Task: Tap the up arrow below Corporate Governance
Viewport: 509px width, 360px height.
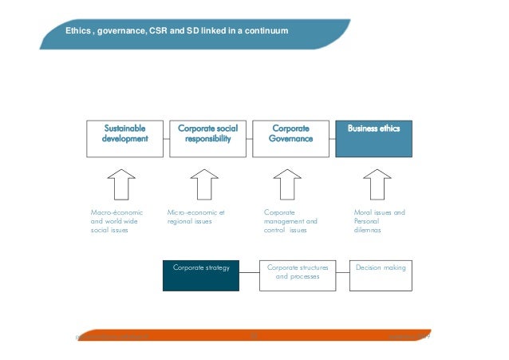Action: tap(288, 184)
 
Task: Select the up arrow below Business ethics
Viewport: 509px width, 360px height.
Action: tap(372, 184)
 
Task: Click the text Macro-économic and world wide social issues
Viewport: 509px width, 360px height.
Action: tap(116, 221)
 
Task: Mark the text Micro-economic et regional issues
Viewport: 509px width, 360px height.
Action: tap(196, 217)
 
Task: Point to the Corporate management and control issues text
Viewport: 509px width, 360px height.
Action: tap(290, 221)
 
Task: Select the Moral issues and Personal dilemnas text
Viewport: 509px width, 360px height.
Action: tap(379, 221)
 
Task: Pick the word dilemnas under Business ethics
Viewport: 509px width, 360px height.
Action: tap(368, 230)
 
